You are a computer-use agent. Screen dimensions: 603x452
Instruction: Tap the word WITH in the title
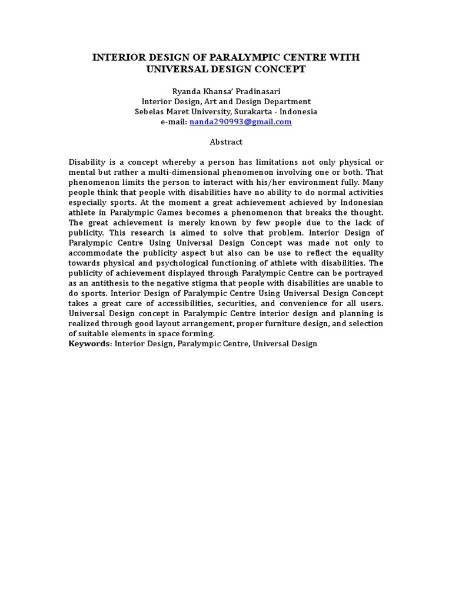(344, 58)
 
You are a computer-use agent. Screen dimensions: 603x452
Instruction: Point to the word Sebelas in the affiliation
(149, 111)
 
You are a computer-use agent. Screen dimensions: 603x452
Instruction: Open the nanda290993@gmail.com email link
(240, 121)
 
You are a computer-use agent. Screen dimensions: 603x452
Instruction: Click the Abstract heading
(226, 142)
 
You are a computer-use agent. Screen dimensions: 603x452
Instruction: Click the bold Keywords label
(89, 344)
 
